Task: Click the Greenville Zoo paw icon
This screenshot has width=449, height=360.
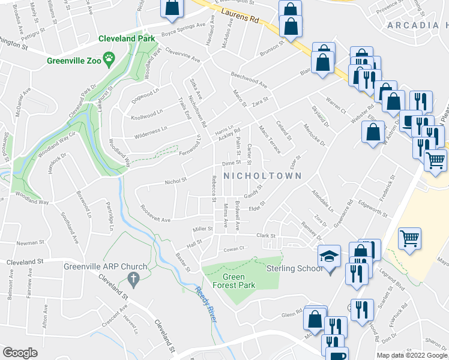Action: pos(109,58)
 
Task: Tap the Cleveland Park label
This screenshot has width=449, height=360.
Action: pos(127,38)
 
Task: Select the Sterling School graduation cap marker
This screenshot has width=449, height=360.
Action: pos(329,256)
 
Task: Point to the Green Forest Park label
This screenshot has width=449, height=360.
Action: pos(231,281)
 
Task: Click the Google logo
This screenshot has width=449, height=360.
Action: pos(20,353)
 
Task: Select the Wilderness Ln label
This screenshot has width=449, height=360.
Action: pos(151,130)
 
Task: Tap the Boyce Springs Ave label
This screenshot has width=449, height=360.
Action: pos(175,27)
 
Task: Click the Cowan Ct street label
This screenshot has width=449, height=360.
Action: pos(234,248)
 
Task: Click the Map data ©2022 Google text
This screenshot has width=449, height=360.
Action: pos(412,355)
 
